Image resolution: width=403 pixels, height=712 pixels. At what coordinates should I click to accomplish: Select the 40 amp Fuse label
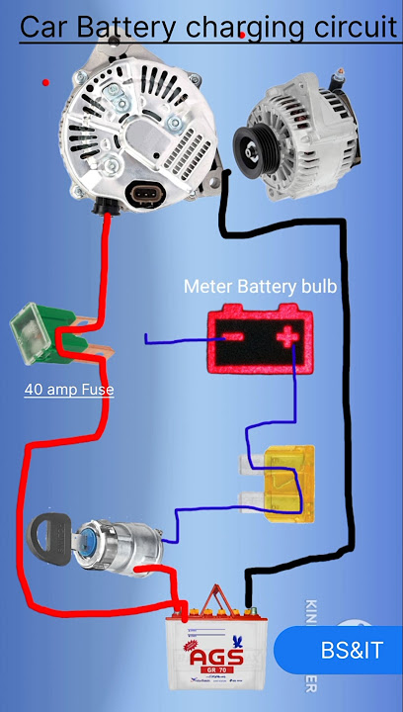click(x=69, y=390)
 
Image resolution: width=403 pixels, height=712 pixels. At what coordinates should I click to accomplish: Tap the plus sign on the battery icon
click(x=288, y=338)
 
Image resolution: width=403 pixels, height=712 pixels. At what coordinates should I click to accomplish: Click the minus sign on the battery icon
click(x=231, y=338)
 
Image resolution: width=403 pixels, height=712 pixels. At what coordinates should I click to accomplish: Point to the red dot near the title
click(x=243, y=35)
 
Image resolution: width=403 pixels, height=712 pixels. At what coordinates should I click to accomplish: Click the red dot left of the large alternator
click(x=45, y=83)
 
